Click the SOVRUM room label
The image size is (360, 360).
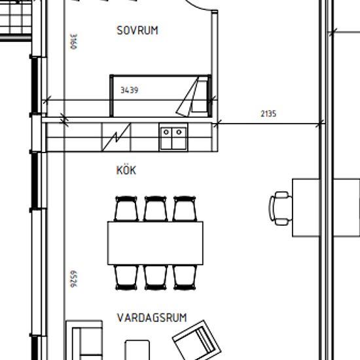click(x=137, y=31)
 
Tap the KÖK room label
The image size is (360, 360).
click(x=126, y=170)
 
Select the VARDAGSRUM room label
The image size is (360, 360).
click(x=152, y=317)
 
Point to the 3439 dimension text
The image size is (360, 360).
click(x=130, y=90)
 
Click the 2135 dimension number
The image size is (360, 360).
click(x=268, y=114)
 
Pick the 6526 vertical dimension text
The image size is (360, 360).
click(x=74, y=279)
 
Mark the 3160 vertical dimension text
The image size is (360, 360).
click(x=74, y=41)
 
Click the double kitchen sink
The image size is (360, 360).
click(x=173, y=137)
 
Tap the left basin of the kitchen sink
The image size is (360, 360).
click(x=166, y=138)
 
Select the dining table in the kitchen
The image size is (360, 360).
click(x=155, y=243)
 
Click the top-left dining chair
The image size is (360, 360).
click(x=126, y=209)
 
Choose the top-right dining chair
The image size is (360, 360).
click(x=185, y=209)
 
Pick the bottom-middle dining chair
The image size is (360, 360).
click(x=155, y=278)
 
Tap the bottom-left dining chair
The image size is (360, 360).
click(x=126, y=278)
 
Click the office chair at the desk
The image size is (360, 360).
click(x=281, y=208)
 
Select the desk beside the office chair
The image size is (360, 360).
click(x=306, y=207)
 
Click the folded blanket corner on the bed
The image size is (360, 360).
click(x=187, y=97)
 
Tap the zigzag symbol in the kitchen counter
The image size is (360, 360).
click(x=116, y=137)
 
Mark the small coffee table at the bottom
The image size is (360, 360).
click(x=137, y=350)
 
